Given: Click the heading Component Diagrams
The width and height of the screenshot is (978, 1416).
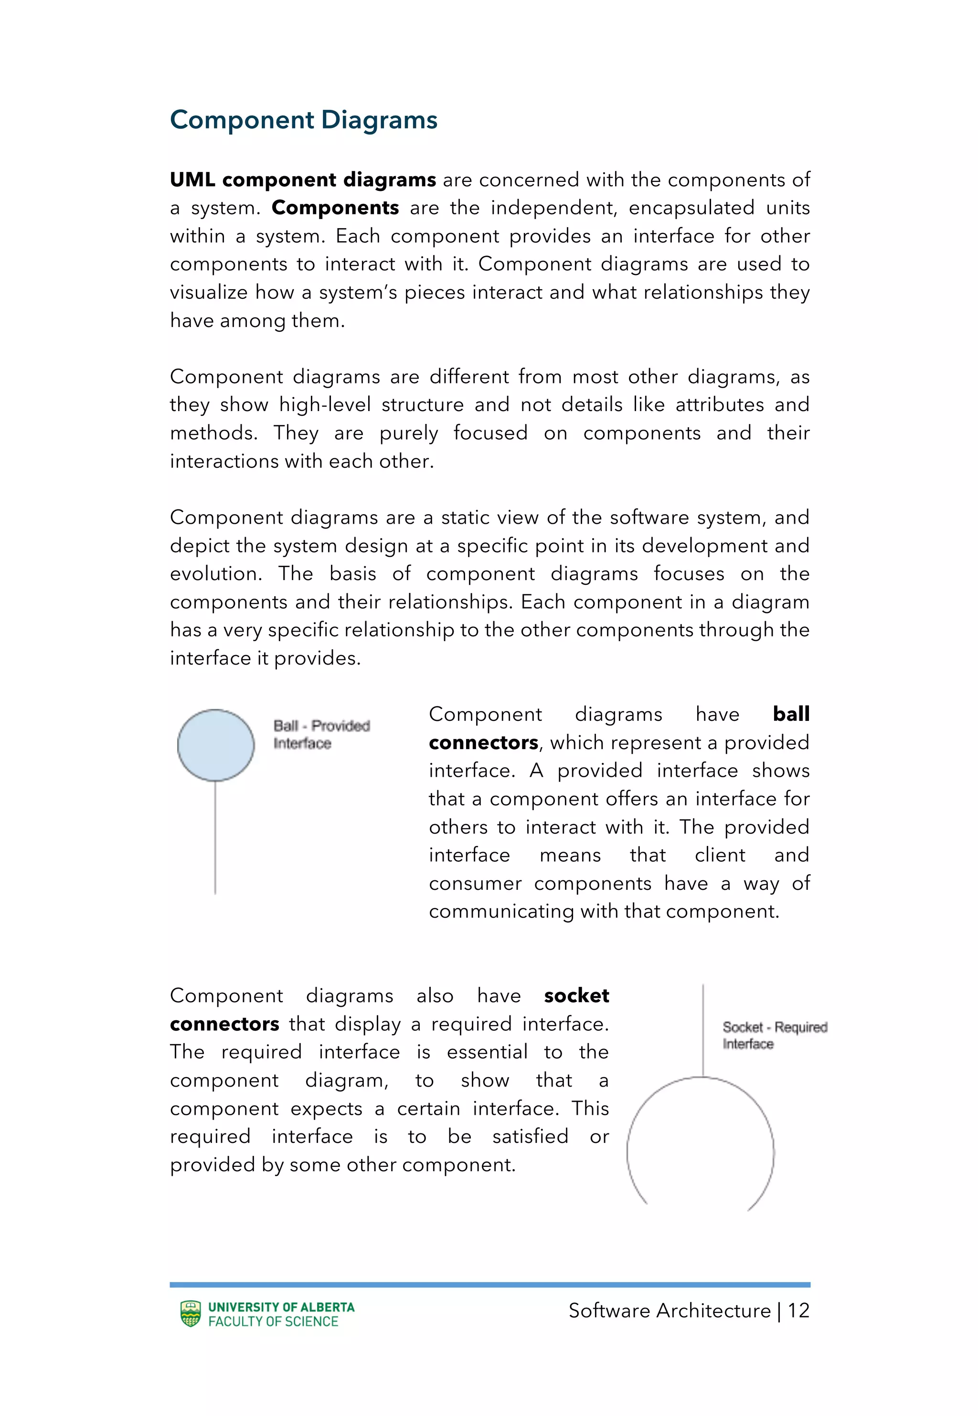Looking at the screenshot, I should point(303,120).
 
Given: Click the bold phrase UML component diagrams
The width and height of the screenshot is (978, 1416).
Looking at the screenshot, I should point(303,180).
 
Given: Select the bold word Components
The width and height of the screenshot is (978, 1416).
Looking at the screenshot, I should point(335,208).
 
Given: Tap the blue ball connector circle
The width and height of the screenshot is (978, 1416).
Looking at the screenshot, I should point(216,745).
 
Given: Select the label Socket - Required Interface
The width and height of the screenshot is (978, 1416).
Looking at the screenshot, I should point(774,1035).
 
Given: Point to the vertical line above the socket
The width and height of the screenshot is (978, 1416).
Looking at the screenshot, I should point(703,1029).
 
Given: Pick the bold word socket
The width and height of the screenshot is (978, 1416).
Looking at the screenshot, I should point(576,995).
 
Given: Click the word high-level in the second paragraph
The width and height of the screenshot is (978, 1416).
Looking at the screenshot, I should point(325,405).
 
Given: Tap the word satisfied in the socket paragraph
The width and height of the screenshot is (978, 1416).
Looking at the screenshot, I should point(530,1136).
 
